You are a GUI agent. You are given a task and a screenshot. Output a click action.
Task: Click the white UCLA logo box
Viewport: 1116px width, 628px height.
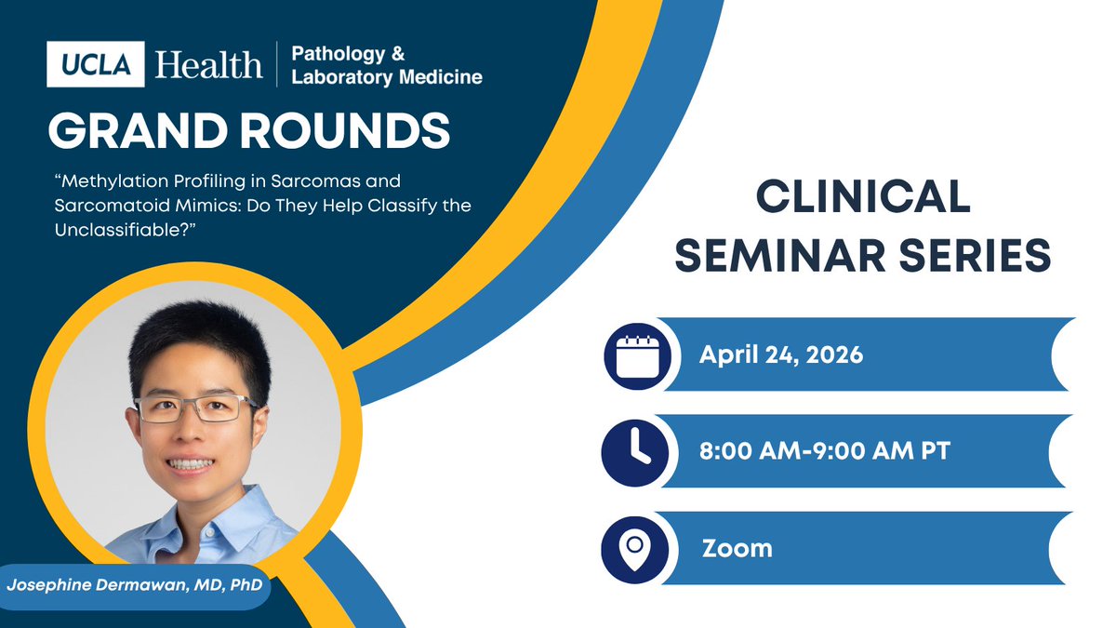click(x=96, y=64)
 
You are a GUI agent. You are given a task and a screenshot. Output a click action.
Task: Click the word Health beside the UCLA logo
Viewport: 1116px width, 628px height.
click(x=209, y=64)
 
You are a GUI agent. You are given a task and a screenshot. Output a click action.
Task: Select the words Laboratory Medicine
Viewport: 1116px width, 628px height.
click(x=387, y=77)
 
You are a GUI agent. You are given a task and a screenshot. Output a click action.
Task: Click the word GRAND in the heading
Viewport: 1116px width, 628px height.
click(x=137, y=132)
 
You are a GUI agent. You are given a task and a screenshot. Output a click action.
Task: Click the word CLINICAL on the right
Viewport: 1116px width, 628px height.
click(x=862, y=198)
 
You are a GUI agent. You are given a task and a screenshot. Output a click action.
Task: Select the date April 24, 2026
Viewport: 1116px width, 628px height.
click(x=782, y=354)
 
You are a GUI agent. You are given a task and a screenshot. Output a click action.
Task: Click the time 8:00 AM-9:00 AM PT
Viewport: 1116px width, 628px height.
click(x=824, y=450)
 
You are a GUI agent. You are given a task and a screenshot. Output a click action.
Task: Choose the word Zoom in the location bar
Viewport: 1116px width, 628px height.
click(x=737, y=547)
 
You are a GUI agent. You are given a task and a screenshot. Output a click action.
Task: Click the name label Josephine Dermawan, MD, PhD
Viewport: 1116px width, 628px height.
click(x=134, y=586)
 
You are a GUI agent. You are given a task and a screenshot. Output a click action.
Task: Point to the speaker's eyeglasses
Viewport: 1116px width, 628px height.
click(x=196, y=408)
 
